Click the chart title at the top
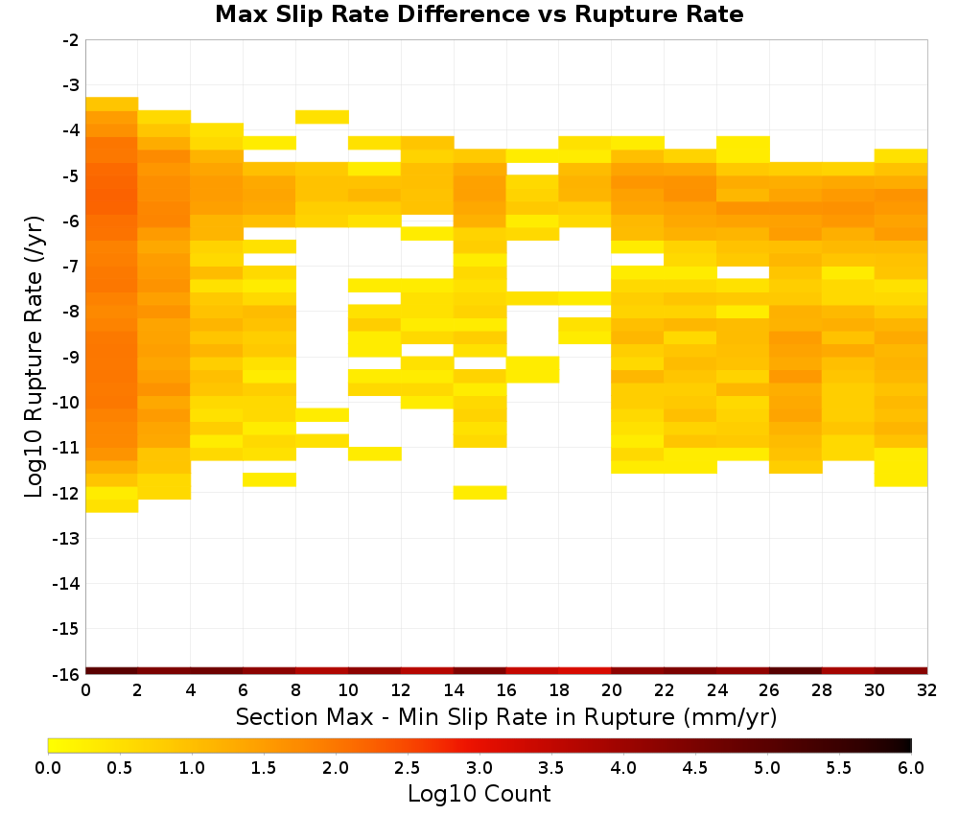click(x=479, y=13)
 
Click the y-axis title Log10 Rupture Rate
click(x=35, y=357)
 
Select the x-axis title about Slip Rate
click(x=505, y=716)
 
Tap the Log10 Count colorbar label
click(x=479, y=794)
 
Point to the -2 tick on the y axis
click(x=71, y=40)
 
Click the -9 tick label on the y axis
click(x=71, y=357)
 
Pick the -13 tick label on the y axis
click(x=67, y=538)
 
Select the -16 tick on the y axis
click(x=67, y=674)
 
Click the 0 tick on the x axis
click(x=85, y=690)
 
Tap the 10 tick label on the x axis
click(x=348, y=690)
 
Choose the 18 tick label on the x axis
click(x=559, y=690)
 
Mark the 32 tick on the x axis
click(x=927, y=690)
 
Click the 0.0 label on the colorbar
click(x=48, y=768)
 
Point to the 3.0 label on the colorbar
click(x=479, y=768)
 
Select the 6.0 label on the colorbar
click(x=911, y=768)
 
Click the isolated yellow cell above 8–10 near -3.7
click(x=322, y=117)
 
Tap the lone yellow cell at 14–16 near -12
click(x=480, y=493)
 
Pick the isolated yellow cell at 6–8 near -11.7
click(x=269, y=479)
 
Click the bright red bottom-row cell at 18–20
click(x=585, y=671)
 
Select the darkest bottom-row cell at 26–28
click(x=796, y=671)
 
